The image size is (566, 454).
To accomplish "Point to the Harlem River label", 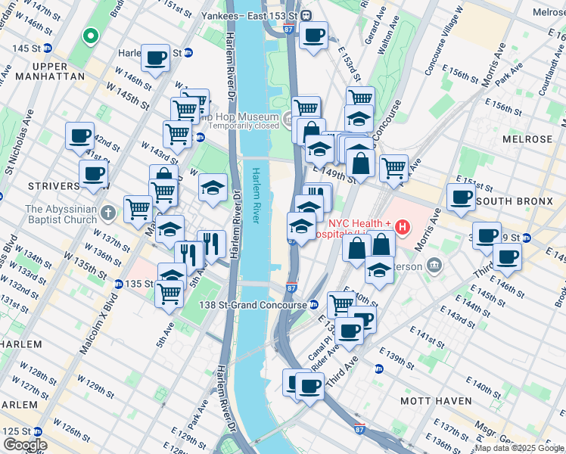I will pos(258,195).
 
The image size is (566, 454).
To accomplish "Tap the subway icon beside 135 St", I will pos(119,284).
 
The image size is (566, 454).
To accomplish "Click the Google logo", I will pos(24,445).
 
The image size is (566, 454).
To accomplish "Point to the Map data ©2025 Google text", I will pos(519,448).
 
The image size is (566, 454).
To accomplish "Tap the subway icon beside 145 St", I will pos(47,48).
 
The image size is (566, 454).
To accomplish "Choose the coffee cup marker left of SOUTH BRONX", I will pos(460,197).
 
